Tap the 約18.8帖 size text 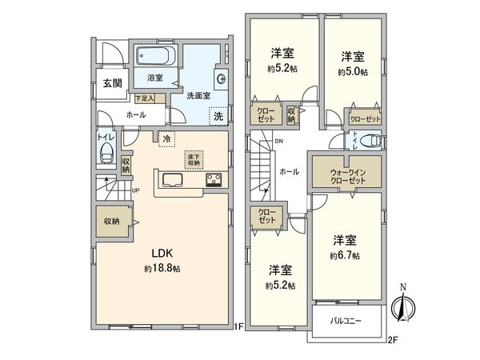(162, 270)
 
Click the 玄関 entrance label (112, 83)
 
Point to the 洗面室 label (198, 95)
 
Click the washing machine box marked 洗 (218, 115)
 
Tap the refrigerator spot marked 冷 (166, 138)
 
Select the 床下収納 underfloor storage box (193, 158)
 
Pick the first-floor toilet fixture (108, 156)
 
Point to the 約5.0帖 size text (354, 72)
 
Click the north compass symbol (402, 307)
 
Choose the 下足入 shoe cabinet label (145, 98)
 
